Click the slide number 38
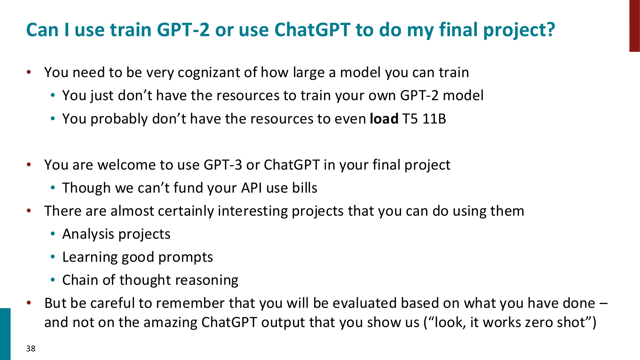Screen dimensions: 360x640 click(x=31, y=348)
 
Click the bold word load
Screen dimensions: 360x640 click(x=384, y=119)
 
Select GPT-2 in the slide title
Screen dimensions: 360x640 click(x=183, y=30)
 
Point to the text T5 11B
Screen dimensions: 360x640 click(x=424, y=119)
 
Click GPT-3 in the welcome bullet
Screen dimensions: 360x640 click(x=223, y=165)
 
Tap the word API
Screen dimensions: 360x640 click(x=252, y=188)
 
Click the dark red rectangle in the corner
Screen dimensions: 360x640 click(x=634, y=26)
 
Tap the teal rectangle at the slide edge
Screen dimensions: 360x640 click(x=5, y=334)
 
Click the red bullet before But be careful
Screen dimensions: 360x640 click(x=29, y=303)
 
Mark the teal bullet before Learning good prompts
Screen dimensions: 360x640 click(x=53, y=257)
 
